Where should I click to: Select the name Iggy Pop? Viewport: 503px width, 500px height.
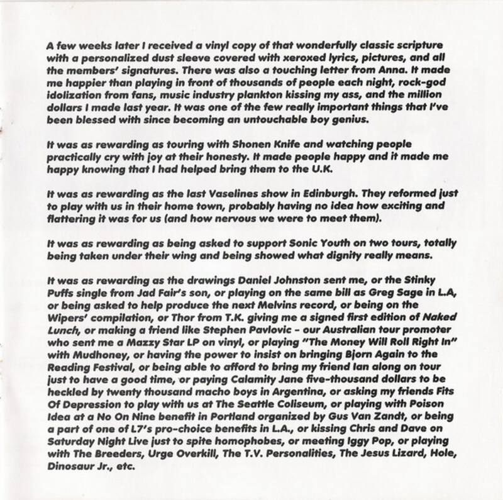[317, 456]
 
